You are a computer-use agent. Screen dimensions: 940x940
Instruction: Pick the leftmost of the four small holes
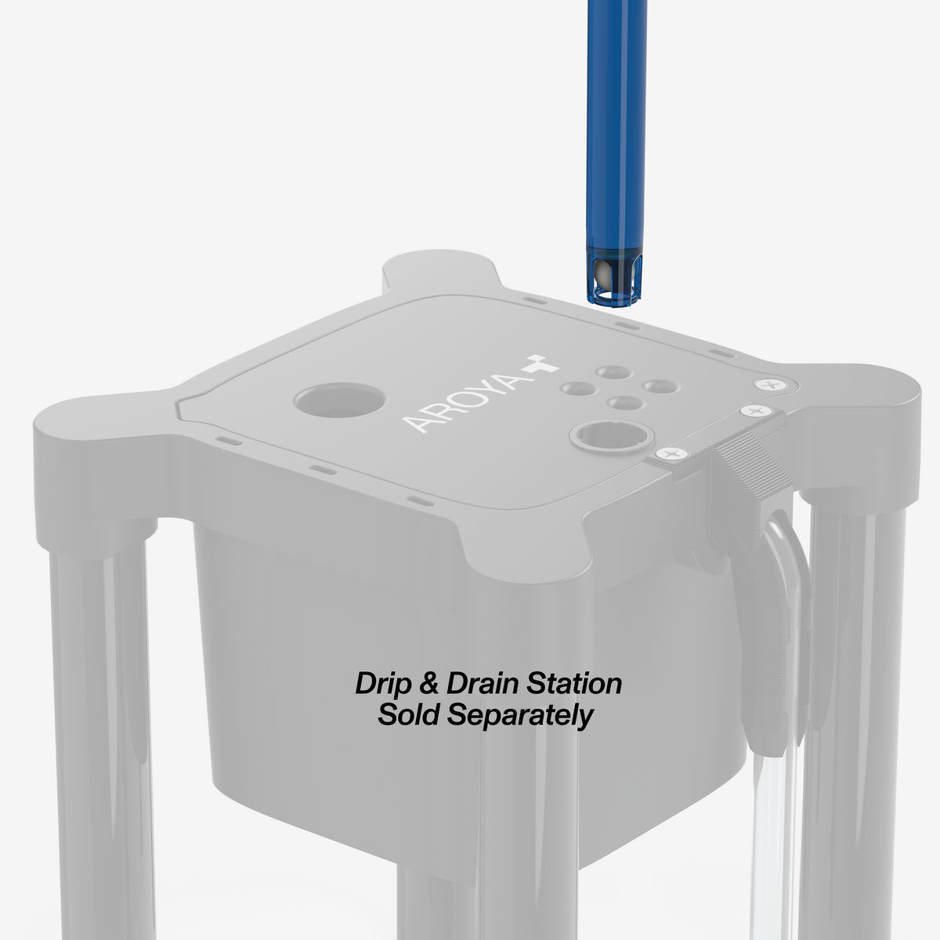(x=578, y=387)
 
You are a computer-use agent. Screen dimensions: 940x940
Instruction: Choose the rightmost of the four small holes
(x=656, y=385)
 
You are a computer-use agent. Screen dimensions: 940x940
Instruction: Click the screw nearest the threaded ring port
(x=671, y=454)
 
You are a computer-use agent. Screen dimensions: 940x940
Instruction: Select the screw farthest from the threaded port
(x=770, y=384)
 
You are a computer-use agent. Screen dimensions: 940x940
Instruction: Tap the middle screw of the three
(x=755, y=411)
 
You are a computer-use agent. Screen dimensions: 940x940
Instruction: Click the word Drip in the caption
(x=381, y=683)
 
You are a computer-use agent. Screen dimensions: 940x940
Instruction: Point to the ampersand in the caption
(x=428, y=683)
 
